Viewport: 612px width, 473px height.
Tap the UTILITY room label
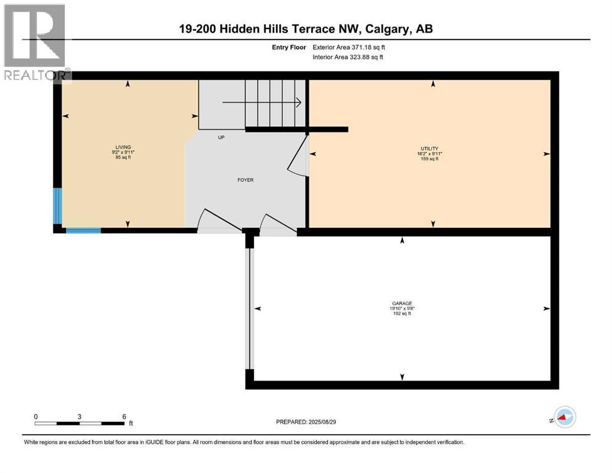pyautogui.click(x=429, y=148)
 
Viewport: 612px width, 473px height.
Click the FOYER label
pyautogui.click(x=246, y=180)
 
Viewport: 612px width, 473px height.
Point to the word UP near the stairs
pyautogui.click(x=221, y=137)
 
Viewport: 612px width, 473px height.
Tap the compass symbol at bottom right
pyautogui.click(x=564, y=417)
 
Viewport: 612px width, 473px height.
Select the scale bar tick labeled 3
pyautogui.click(x=80, y=416)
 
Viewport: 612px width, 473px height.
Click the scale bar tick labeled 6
pyautogui.click(x=124, y=416)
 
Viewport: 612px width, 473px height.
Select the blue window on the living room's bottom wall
pyautogui.click(x=83, y=231)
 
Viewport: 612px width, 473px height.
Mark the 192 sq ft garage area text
pyautogui.click(x=401, y=313)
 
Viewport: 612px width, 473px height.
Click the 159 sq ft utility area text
pyautogui.click(x=429, y=159)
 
